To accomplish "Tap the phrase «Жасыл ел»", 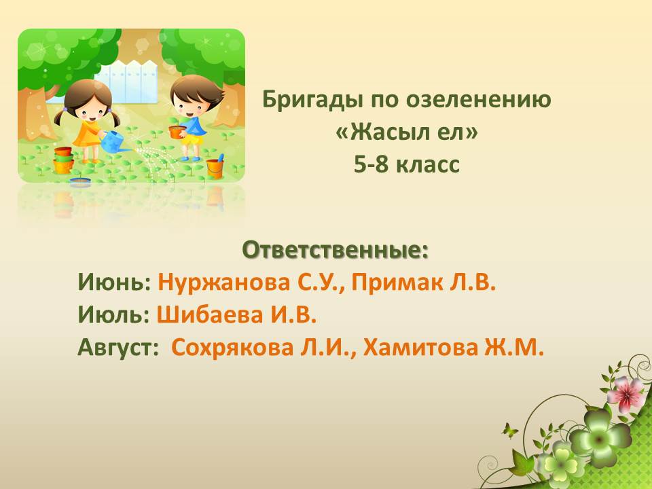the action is click(x=407, y=132).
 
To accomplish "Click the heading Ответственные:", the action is click(x=335, y=250).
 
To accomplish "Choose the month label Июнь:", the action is click(x=114, y=283).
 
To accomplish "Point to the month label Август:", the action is click(x=118, y=348).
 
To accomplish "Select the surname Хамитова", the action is click(x=420, y=348).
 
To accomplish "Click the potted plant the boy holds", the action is click(x=177, y=129).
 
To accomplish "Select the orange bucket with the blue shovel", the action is click(x=215, y=166).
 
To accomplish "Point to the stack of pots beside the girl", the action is click(x=63, y=160).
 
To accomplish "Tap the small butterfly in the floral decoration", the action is click(x=510, y=431).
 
